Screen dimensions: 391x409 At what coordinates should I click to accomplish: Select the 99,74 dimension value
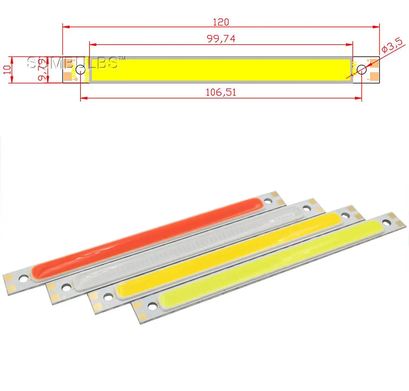click(221, 38)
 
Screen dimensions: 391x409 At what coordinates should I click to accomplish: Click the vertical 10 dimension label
click(6, 70)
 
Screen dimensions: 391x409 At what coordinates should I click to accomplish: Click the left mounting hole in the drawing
click(80, 70)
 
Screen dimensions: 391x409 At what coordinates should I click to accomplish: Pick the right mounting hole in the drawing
click(362, 70)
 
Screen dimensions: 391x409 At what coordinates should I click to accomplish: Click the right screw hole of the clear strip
click(305, 209)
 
